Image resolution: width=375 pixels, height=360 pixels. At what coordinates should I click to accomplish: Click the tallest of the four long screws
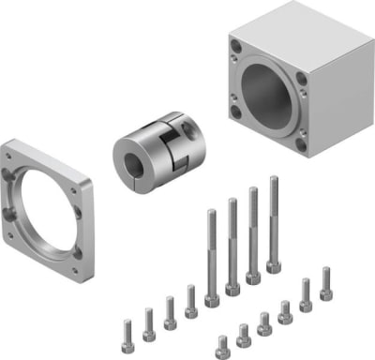coord(274,220)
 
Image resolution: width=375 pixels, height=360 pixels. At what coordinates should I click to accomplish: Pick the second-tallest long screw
coord(253,231)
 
